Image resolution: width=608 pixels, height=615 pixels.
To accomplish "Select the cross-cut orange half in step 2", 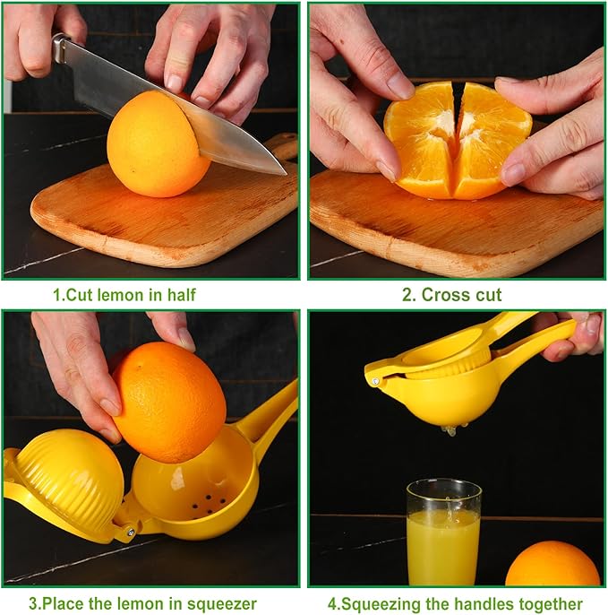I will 457,139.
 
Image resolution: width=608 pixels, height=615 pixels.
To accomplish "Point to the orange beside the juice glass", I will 552,565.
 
